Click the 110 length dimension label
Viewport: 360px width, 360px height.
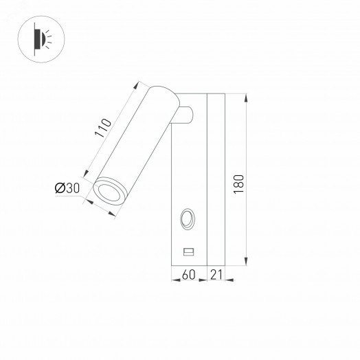[x=102, y=130]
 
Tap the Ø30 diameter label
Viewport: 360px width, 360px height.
[x=68, y=188]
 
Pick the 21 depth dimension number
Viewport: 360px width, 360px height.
[x=216, y=275]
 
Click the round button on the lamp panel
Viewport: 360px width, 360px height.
[x=187, y=221]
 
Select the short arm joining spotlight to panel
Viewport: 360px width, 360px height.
[x=187, y=115]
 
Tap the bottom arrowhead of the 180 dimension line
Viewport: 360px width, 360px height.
[x=246, y=261]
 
